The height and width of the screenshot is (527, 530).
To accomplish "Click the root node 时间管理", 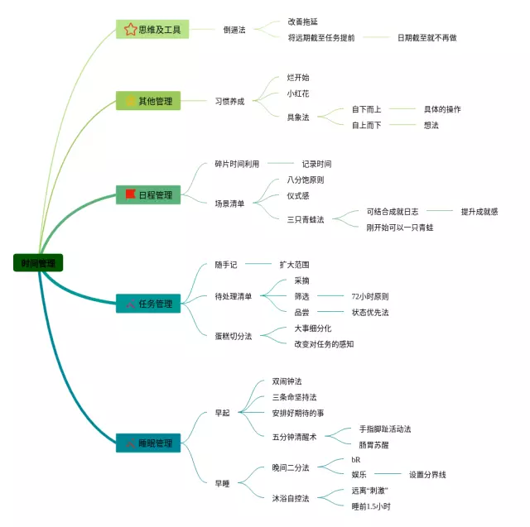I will tap(38, 264).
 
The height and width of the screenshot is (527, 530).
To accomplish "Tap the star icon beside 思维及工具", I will tap(130, 30).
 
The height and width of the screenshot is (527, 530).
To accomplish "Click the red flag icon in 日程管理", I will tap(130, 195).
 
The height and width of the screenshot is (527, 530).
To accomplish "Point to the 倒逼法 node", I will tap(234, 30).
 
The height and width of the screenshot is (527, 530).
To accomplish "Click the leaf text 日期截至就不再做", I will tap(426, 37).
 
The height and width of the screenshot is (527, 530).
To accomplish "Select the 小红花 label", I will tap(298, 93).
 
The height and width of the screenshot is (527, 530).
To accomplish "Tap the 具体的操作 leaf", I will tap(442, 109).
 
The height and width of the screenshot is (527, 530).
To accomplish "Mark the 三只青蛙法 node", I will tap(306, 219).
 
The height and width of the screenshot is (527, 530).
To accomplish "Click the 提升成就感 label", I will tap(479, 212).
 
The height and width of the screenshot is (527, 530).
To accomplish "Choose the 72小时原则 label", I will tap(370, 296).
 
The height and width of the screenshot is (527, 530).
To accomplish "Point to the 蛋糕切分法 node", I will tap(234, 336).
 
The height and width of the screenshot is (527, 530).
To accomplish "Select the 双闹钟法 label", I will tap(287, 381).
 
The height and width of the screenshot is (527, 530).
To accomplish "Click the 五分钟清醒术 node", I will tap(295, 436).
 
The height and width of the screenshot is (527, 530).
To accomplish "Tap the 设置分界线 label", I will tap(427, 475).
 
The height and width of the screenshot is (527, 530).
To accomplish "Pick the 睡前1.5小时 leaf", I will tap(371, 506).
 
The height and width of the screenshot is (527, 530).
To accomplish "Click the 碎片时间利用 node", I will tap(238, 164).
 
